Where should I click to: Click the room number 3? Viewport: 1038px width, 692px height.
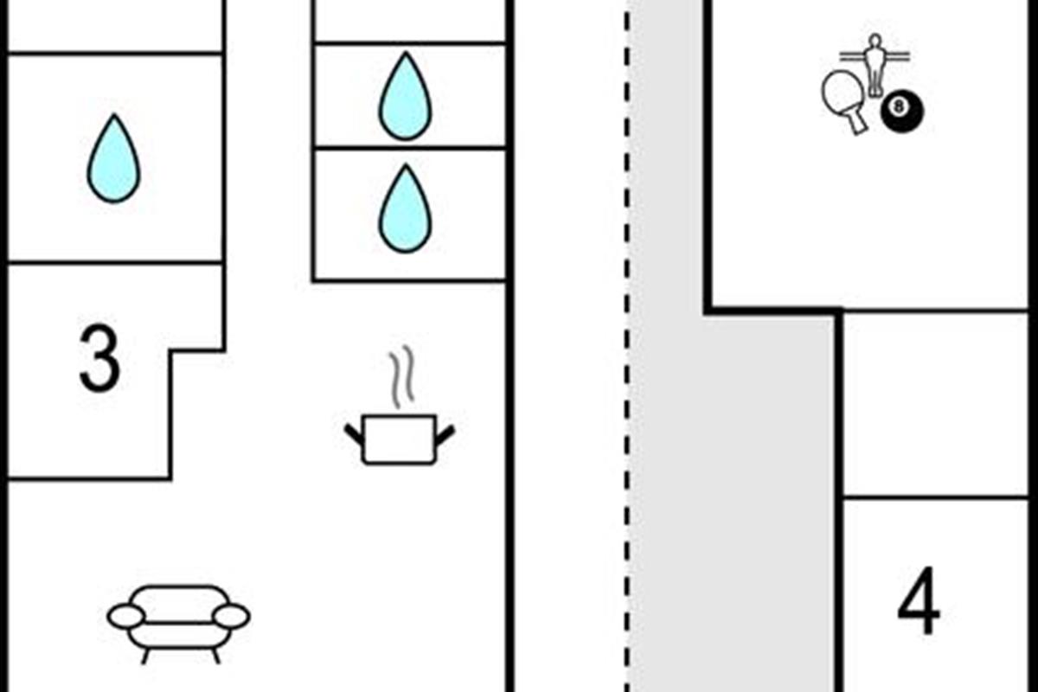click(x=99, y=358)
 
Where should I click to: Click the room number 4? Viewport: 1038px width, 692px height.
click(x=919, y=600)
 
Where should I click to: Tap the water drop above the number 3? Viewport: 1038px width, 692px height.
click(x=114, y=158)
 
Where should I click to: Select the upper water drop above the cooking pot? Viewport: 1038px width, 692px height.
click(x=406, y=96)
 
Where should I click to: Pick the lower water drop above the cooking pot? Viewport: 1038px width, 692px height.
click(x=406, y=208)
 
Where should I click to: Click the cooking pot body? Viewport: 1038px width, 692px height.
click(x=400, y=439)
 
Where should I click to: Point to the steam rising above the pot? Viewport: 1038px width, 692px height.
click(x=401, y=376)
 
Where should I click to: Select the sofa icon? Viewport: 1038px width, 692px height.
click(x=179, y=624)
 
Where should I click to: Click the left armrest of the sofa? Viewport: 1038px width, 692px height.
click(x=126, y=617)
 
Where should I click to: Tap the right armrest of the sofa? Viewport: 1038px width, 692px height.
click(x=232, y=617)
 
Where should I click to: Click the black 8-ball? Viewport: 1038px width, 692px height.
click(x=901, y=112)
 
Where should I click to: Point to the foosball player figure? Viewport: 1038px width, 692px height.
click(x=875, y=66)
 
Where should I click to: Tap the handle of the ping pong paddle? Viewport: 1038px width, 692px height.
click(x=859, y=122)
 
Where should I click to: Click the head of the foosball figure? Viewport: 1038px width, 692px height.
click(x=875, y=41)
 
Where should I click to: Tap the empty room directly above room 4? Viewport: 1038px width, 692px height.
click(x=935, y=404)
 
